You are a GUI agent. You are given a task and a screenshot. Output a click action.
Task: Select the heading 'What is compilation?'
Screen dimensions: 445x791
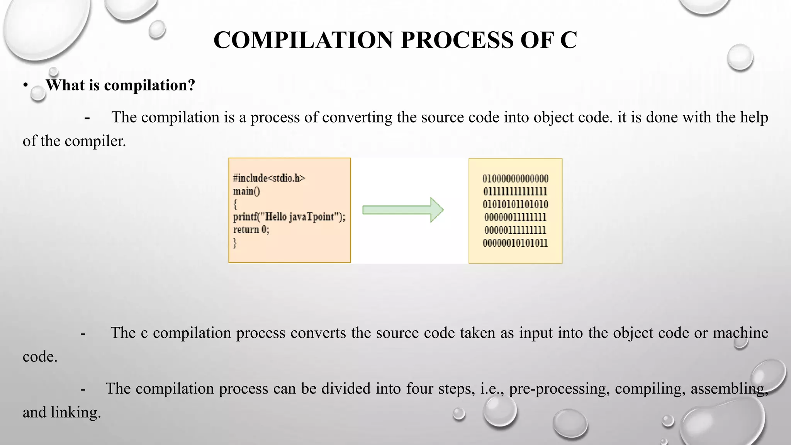click(x=121, y=85)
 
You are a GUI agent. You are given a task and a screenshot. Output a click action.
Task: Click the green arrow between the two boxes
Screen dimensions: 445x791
click(x=402, y=210)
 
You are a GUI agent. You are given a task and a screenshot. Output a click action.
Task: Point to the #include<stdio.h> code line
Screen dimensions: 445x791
click(x=269, y=178)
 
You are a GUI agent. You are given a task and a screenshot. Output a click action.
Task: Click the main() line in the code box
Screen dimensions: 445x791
click(x=246, y=191)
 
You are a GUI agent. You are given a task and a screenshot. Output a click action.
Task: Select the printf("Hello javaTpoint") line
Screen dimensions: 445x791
click(x=289, y=217)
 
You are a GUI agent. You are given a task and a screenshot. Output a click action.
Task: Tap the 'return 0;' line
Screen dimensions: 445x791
click(x=251, y=229)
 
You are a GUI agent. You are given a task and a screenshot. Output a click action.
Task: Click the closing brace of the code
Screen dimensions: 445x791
click(x=235, y=243)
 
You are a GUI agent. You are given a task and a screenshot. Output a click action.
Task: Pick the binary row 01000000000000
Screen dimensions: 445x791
click(x=515, y=178)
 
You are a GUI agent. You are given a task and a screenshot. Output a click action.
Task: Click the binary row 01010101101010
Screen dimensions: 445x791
click(x=515, y=204)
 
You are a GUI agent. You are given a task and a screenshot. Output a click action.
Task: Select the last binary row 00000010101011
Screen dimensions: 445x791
click(x=515, y=243)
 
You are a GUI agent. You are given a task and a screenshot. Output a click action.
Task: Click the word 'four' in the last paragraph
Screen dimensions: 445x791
click(x=419, y=389)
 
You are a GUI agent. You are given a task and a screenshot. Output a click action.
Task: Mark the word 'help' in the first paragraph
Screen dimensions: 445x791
click(x=754, y=117)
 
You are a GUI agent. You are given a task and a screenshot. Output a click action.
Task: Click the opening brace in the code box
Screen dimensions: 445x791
click(x=235, y=204)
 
